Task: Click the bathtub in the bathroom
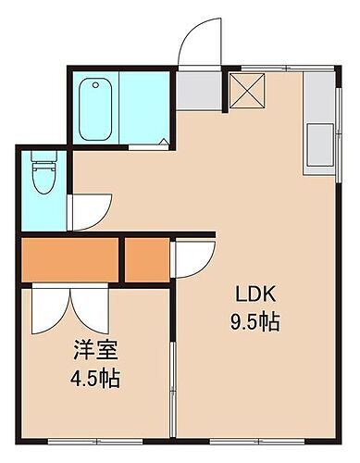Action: tap(96, 110)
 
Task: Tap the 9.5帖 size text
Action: tap(256, 323)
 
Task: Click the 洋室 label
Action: tap(94, 353)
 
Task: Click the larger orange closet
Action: tap(70, 261)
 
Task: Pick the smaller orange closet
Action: tap(144, 261)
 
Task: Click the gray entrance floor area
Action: tap(199, 88)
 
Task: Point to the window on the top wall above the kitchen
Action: tap(278, 67)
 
